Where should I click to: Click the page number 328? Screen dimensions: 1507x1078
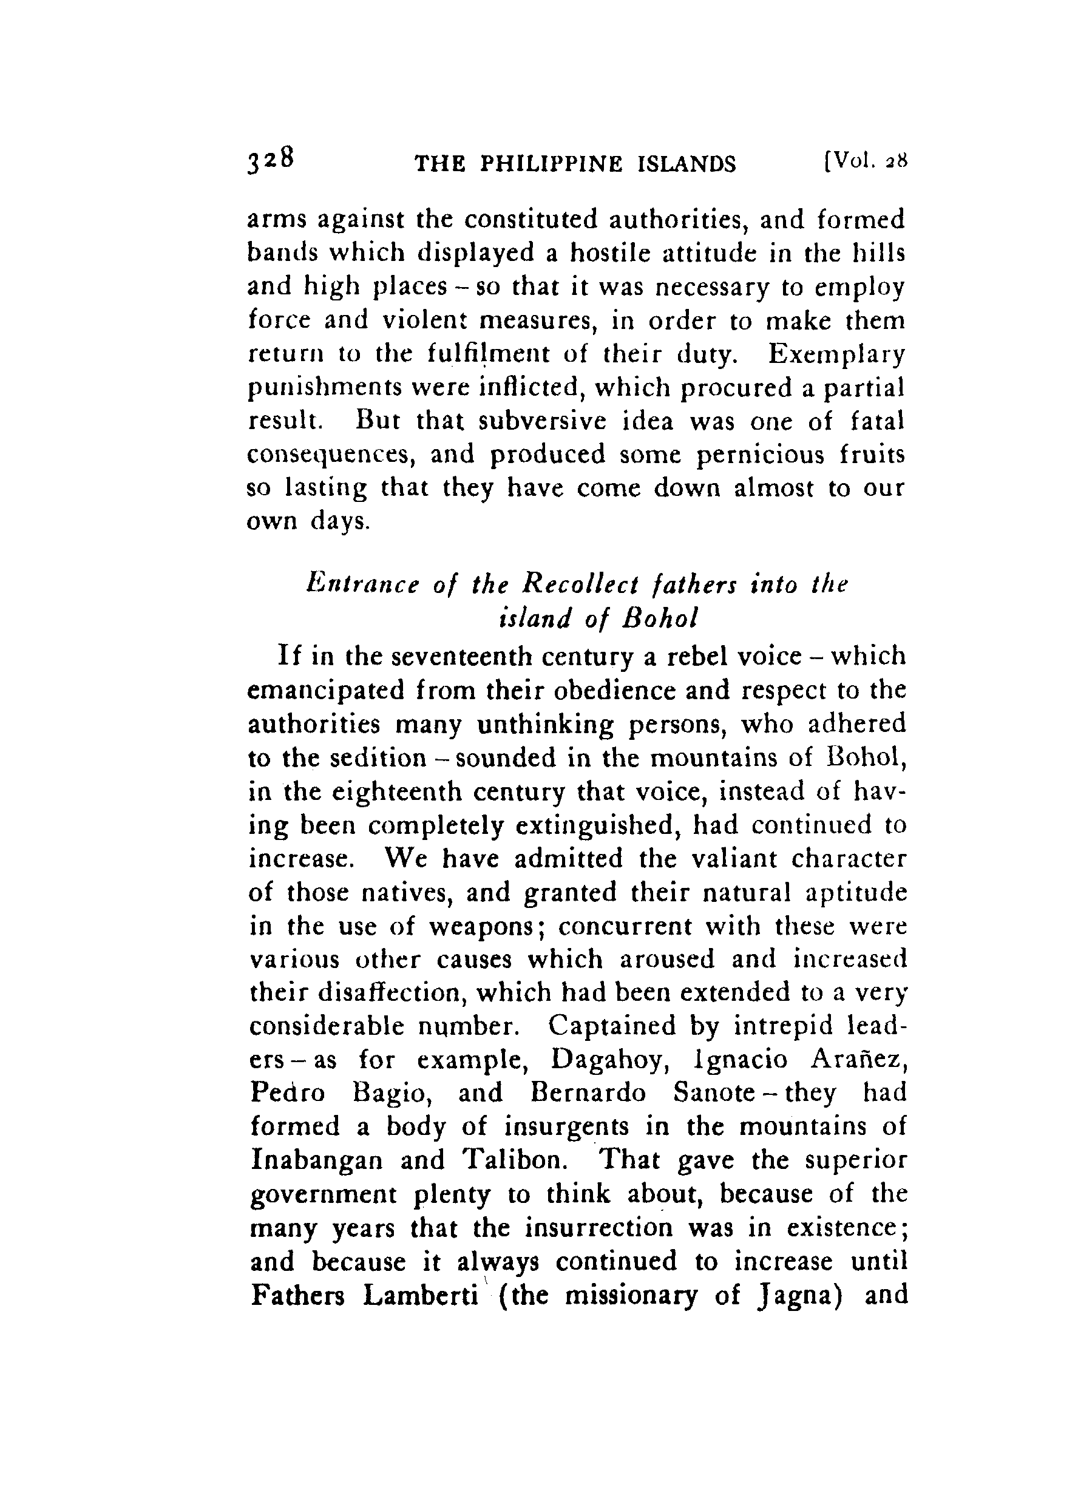[x=269, y=161]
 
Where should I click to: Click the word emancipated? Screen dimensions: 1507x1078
[x=326, y=690]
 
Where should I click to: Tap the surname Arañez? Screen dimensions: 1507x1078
[x=858, y=1060]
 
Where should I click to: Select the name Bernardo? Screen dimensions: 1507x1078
[x=588, y=1093]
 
